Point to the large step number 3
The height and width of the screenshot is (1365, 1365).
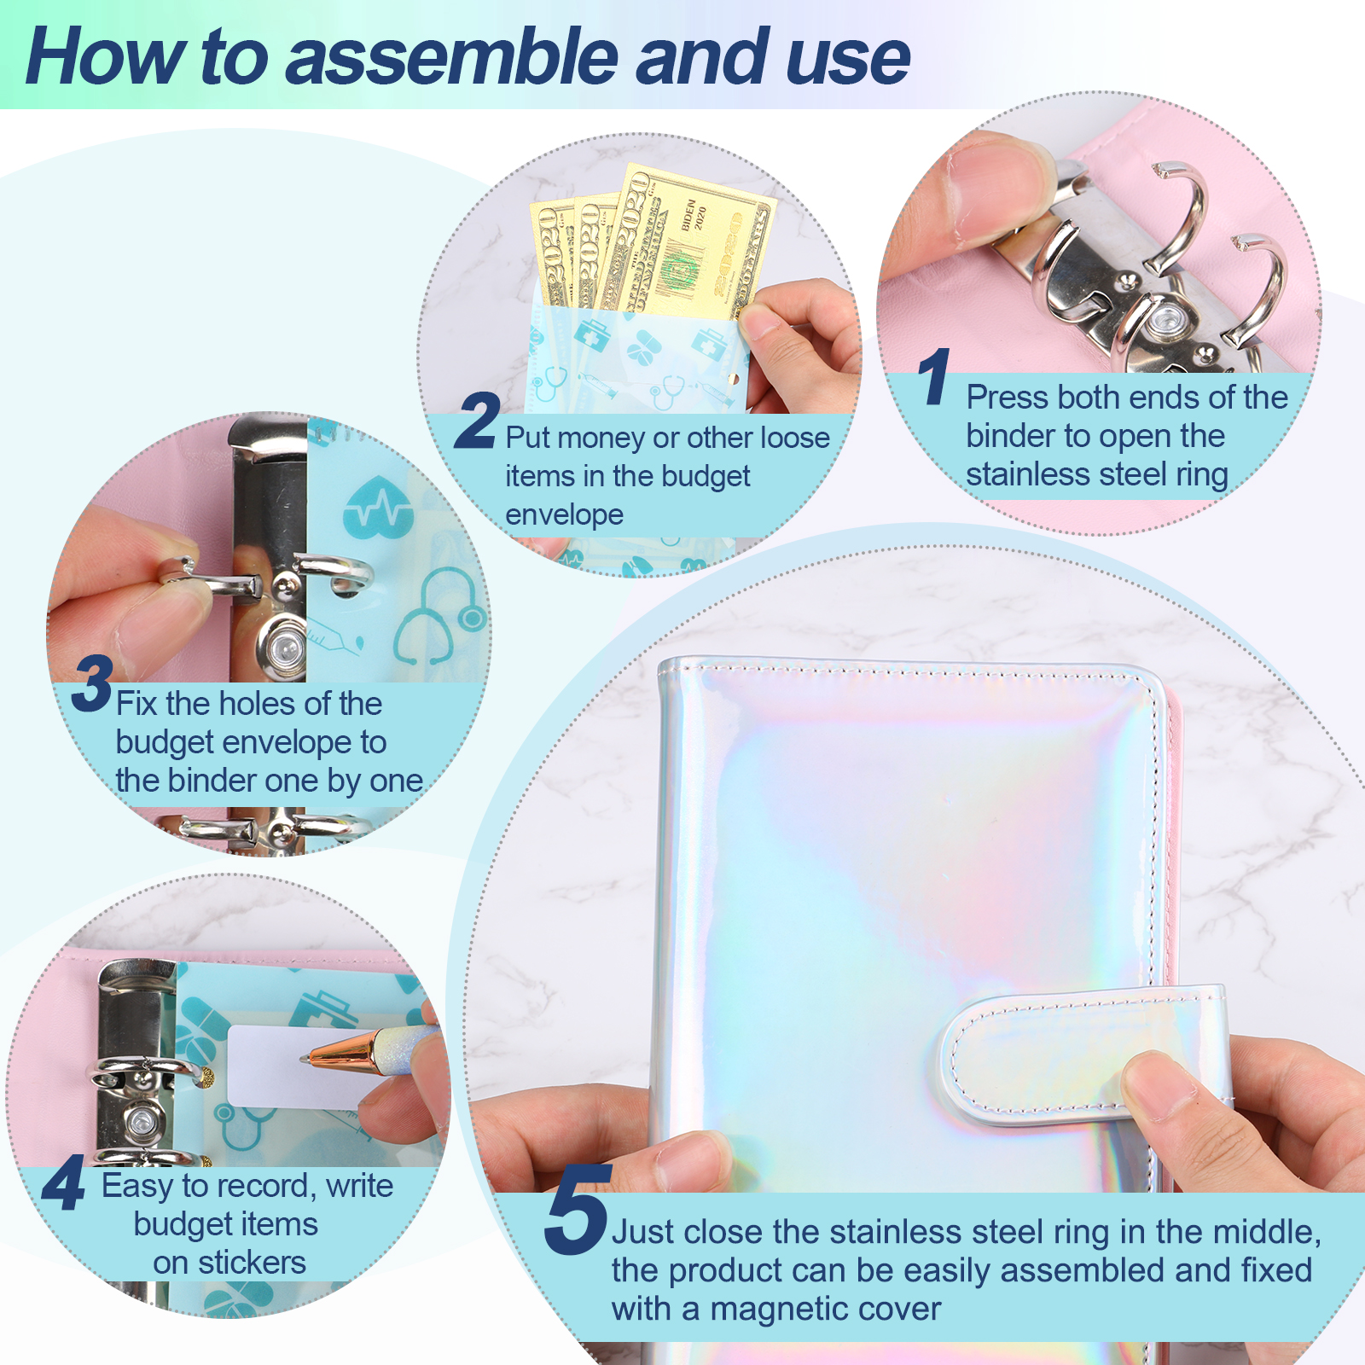tap(92, 683)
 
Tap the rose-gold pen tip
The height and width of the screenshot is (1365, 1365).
tap(309, 1058)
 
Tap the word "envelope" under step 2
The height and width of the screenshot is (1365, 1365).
tap(564, 514)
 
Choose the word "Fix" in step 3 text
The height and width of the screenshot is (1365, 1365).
tap(136, 703)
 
